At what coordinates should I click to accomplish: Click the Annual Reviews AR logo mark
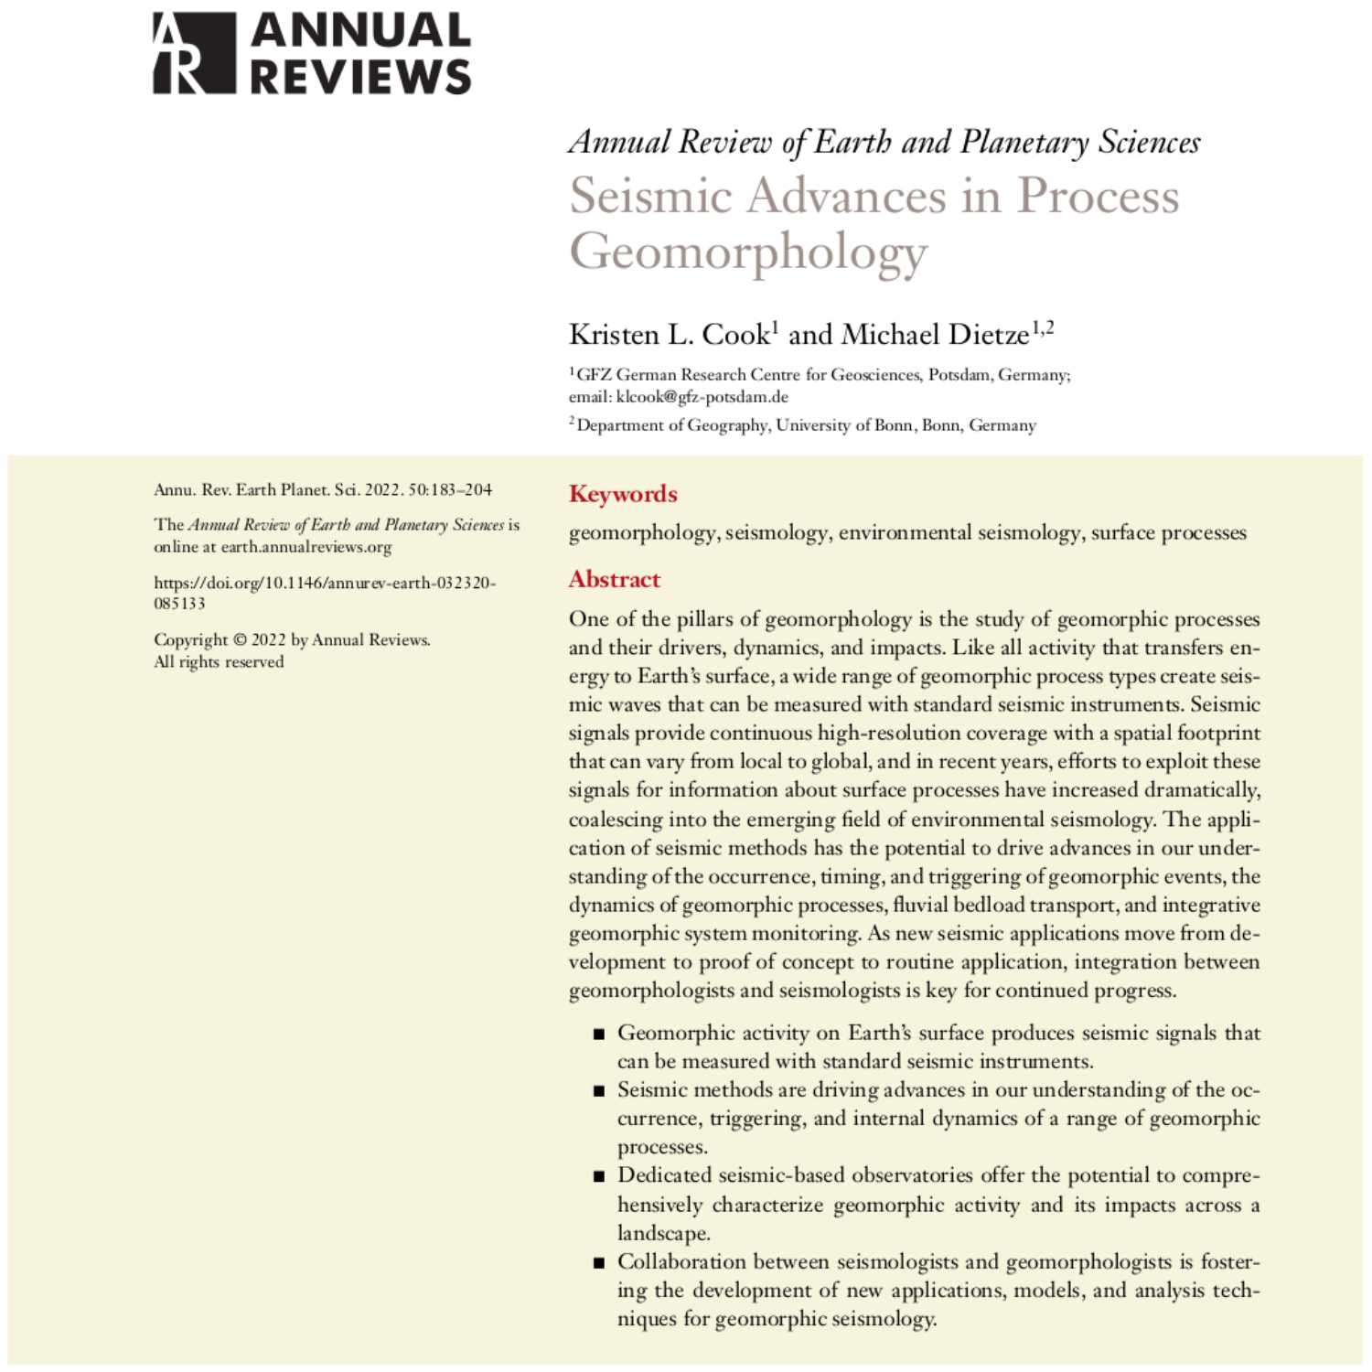(194, 53)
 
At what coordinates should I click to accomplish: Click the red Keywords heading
(623, 494)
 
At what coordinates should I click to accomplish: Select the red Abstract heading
(614, 579)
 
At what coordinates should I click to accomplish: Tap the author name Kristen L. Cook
(670, 335)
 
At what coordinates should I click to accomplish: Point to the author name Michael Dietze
(935, 335)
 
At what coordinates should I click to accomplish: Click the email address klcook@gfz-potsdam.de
(702, 397)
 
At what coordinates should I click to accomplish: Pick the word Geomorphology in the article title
(748, 252)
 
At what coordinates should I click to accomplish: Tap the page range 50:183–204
(449, 490)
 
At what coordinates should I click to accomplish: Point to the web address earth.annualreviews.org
(306, 547)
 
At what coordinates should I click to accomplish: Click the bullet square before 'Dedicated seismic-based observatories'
(599, 1177)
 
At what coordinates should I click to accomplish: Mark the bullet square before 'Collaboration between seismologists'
(599, 1263)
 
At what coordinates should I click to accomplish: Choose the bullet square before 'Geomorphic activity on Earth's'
(599, 1034)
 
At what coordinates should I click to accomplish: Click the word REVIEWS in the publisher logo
(360, 77)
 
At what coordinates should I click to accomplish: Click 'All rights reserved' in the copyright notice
(219, 662)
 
